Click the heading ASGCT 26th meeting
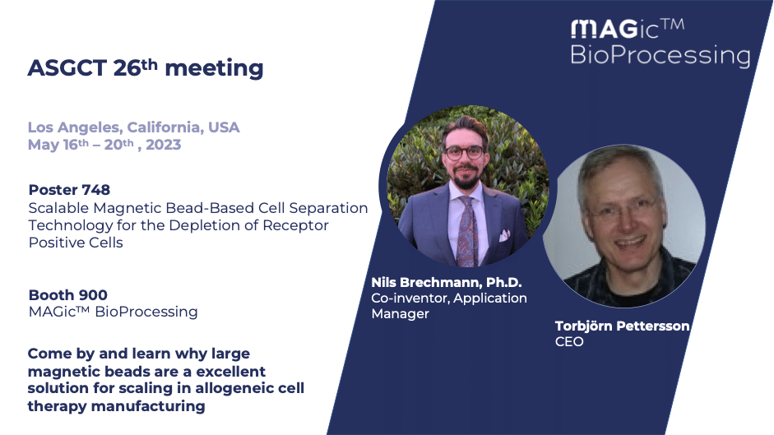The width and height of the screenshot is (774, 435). tap(145, 68)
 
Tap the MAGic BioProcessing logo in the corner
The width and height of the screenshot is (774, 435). tap(660, 43)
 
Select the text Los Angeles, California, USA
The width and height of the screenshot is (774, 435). tap(134, 127)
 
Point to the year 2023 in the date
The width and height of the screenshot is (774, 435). tap(164, 145)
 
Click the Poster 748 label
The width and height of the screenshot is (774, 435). tap(69, 190)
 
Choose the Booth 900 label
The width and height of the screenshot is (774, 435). tap(67, 294)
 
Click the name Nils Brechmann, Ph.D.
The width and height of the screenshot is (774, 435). tap(447, 282)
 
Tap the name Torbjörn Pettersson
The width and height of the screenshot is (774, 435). tap(622, 326)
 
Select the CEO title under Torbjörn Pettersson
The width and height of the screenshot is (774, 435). tap(569, 342)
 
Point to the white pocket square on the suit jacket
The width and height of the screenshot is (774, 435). tap(504, 235)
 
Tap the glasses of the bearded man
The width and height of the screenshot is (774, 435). tap(464, 153)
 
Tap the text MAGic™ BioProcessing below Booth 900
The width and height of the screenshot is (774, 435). tap(113, 312)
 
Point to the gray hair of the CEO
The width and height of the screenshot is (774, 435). tap(617, 165)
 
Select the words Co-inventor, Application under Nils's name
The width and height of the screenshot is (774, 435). tap(449, 298)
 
